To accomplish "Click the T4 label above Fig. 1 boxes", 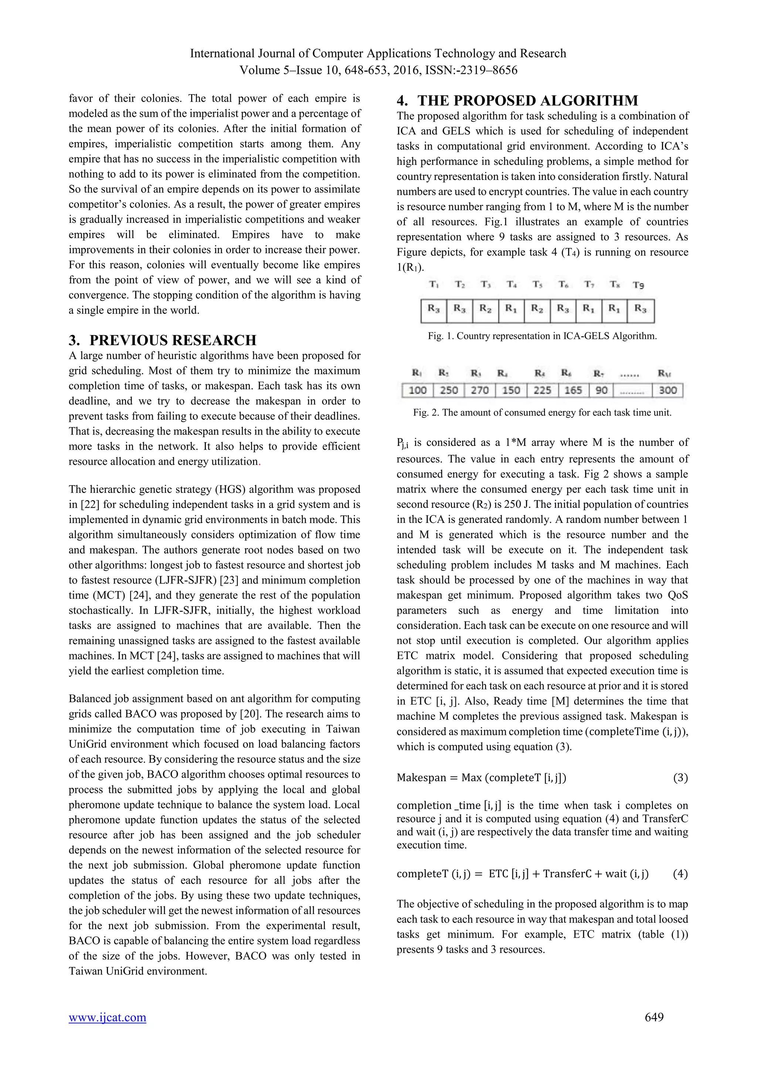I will (511, 284).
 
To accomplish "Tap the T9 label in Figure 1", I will (639, 285).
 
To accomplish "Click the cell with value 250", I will (449, 391).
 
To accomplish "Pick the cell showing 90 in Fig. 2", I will (601, 391).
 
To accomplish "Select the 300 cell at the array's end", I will (668, 391).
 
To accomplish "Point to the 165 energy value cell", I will (573, 391).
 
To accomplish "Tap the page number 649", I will (654, 1017).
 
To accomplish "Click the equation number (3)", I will (680, 778).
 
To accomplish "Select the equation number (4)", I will (680, 874).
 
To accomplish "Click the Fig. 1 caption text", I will (542, 336).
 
